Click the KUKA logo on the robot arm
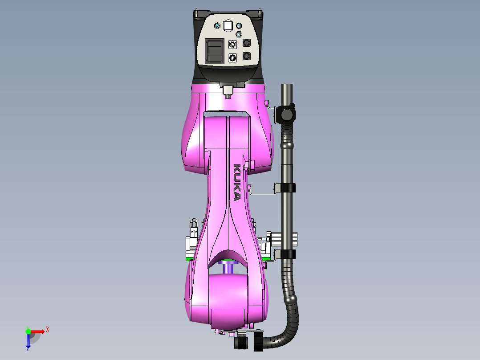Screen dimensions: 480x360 pos(237,182)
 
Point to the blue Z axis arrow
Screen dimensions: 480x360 pos(28,341)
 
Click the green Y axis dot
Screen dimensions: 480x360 pos(28,331)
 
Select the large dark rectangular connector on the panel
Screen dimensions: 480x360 pos(215,51)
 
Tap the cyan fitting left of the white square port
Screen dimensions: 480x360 pos(217,26)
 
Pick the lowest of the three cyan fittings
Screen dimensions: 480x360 pos(239,34)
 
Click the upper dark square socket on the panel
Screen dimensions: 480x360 pos(247,43)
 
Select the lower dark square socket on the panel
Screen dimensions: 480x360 pos(247,56)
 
